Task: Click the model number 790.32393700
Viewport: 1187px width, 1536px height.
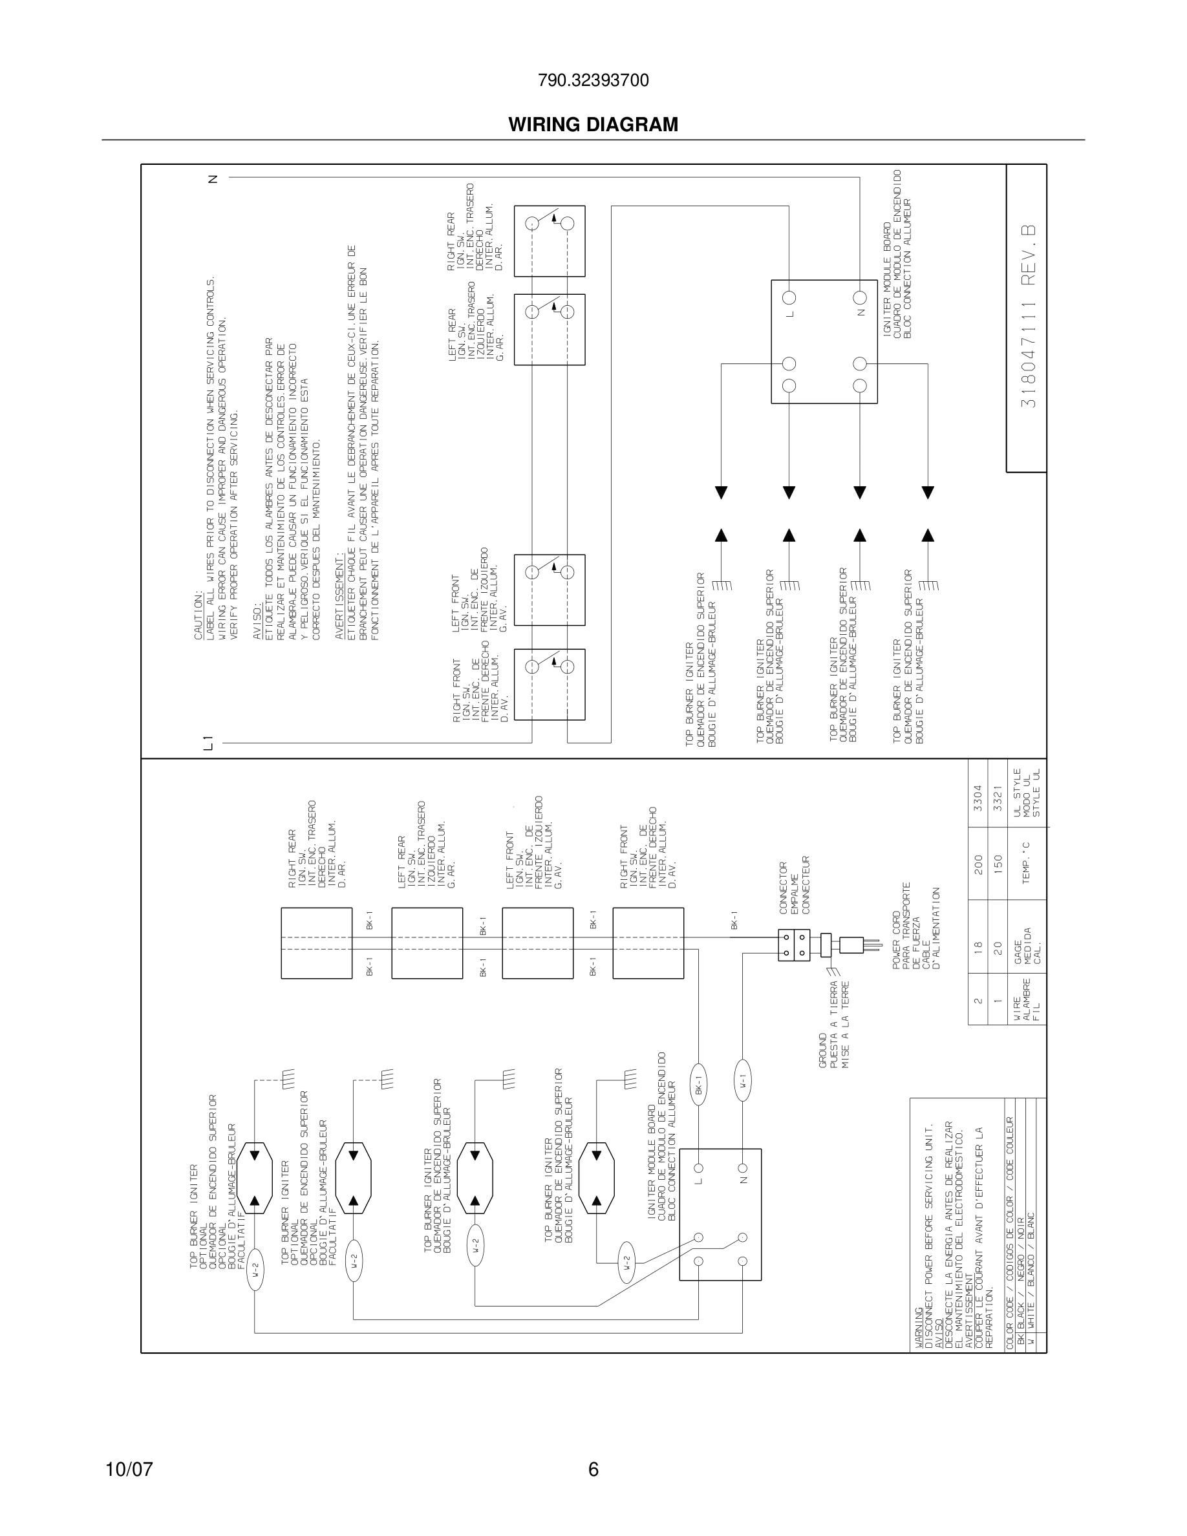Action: (x=593, y=81)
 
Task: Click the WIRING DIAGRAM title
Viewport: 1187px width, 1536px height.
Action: (x=593, y=125)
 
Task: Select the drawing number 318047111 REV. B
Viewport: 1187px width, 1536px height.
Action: (x=1028, y=317)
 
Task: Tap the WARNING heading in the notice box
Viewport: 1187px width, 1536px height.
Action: (x=919, y=1330)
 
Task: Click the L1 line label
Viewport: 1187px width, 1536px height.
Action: (x=207, y=742)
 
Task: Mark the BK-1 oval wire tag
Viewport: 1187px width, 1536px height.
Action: (x=699, y=1089)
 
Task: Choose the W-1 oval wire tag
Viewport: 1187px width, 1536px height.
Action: (x=743, y=1085)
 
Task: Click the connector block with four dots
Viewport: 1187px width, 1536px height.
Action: (x=794, y=945)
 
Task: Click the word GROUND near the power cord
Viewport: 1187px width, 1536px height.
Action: (x=823, y=1051)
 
